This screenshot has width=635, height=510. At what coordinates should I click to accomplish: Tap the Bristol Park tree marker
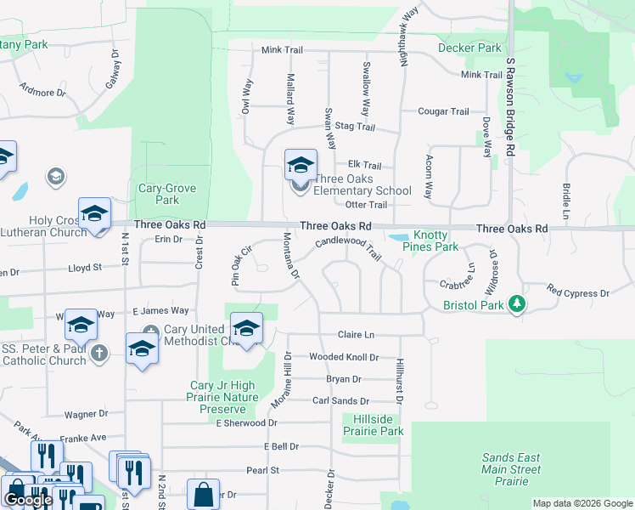pos(515,304)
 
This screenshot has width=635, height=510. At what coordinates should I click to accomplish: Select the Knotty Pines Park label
pos(436,241)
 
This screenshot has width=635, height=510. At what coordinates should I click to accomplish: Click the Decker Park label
pos(469,48)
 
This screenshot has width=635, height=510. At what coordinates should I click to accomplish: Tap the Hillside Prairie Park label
pos(373,425)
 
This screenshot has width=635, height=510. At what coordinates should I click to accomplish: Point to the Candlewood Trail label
pos(348,247)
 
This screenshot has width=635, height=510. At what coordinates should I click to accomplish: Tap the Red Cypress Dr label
pos(578,293)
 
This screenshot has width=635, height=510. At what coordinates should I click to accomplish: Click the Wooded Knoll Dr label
pos(344,358)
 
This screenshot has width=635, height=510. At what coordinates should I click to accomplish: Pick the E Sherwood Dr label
pos(246,422)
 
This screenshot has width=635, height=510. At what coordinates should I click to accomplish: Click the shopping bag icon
pos(204,494)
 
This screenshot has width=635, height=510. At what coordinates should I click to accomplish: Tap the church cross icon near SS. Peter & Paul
pos(99,352)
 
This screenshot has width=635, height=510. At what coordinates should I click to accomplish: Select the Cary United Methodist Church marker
pos(151,332)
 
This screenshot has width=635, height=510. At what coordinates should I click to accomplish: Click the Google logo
pos(28,500)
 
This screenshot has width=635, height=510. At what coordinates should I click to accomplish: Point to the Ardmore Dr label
pos(42,92)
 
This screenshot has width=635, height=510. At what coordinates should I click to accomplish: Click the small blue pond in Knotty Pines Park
pos(397,237)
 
